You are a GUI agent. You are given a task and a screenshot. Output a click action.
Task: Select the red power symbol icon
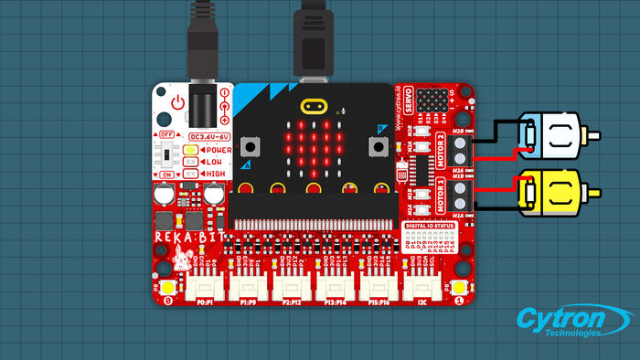178,102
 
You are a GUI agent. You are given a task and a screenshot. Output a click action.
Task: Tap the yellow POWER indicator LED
190,149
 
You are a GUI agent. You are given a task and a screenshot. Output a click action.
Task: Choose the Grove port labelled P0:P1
203,287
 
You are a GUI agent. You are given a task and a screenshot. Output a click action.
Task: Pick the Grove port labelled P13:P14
335,287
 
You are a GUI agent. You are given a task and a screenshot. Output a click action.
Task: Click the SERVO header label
408,97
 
